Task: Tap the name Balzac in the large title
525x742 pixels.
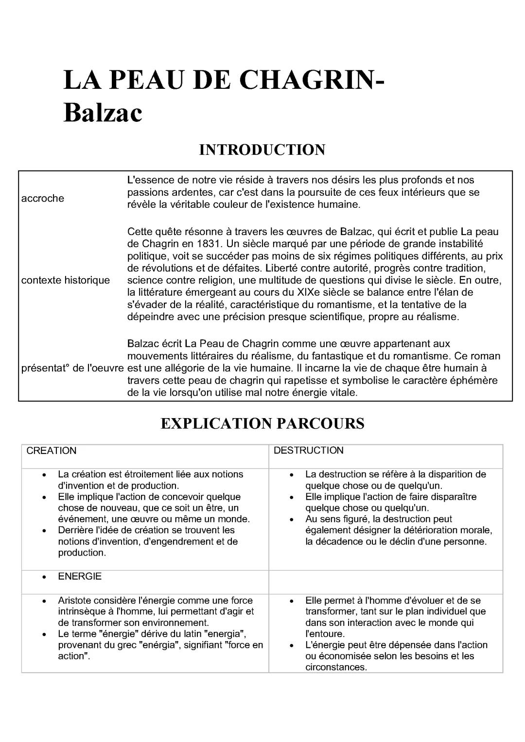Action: click(103, 113)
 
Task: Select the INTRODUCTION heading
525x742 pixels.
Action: click(262, 150)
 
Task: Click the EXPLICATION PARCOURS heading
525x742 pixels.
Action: click(262, 423)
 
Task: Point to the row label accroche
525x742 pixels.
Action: click(43, 198)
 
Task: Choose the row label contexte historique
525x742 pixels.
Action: click(66, 280)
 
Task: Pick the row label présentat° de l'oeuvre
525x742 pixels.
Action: click(72, 368)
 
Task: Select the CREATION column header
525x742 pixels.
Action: click(52, 451)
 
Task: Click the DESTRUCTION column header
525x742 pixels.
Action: click(308, 451)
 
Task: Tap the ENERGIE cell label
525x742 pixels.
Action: click(80, 576)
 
